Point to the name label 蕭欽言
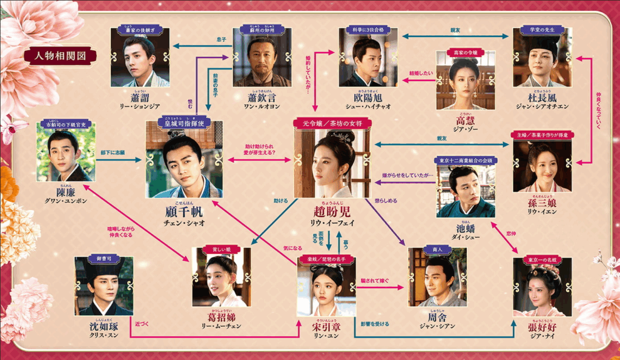(262, 98)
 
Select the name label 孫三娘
(542, 203)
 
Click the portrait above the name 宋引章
(326, 290)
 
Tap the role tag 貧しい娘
(221, 249)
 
